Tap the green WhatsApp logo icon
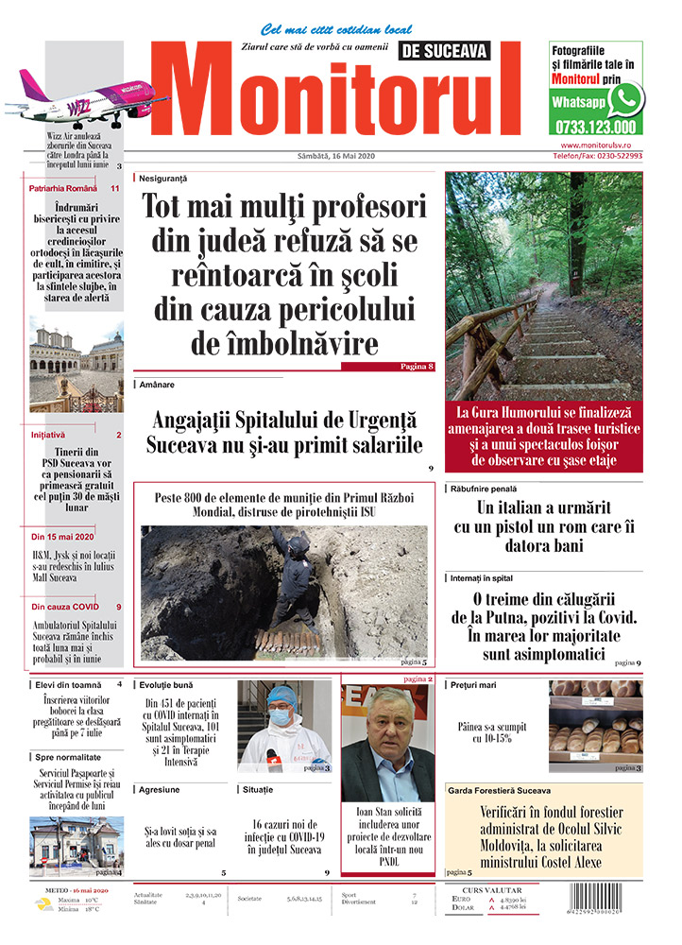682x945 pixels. coord(625,98)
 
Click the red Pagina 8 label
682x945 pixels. coord(416,366)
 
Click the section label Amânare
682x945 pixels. coord(157,385)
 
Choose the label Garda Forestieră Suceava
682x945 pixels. coord(500,789)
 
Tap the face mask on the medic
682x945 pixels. coord(280,716)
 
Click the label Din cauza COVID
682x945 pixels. coord(65,607)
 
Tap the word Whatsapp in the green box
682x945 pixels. coord(579,101)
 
